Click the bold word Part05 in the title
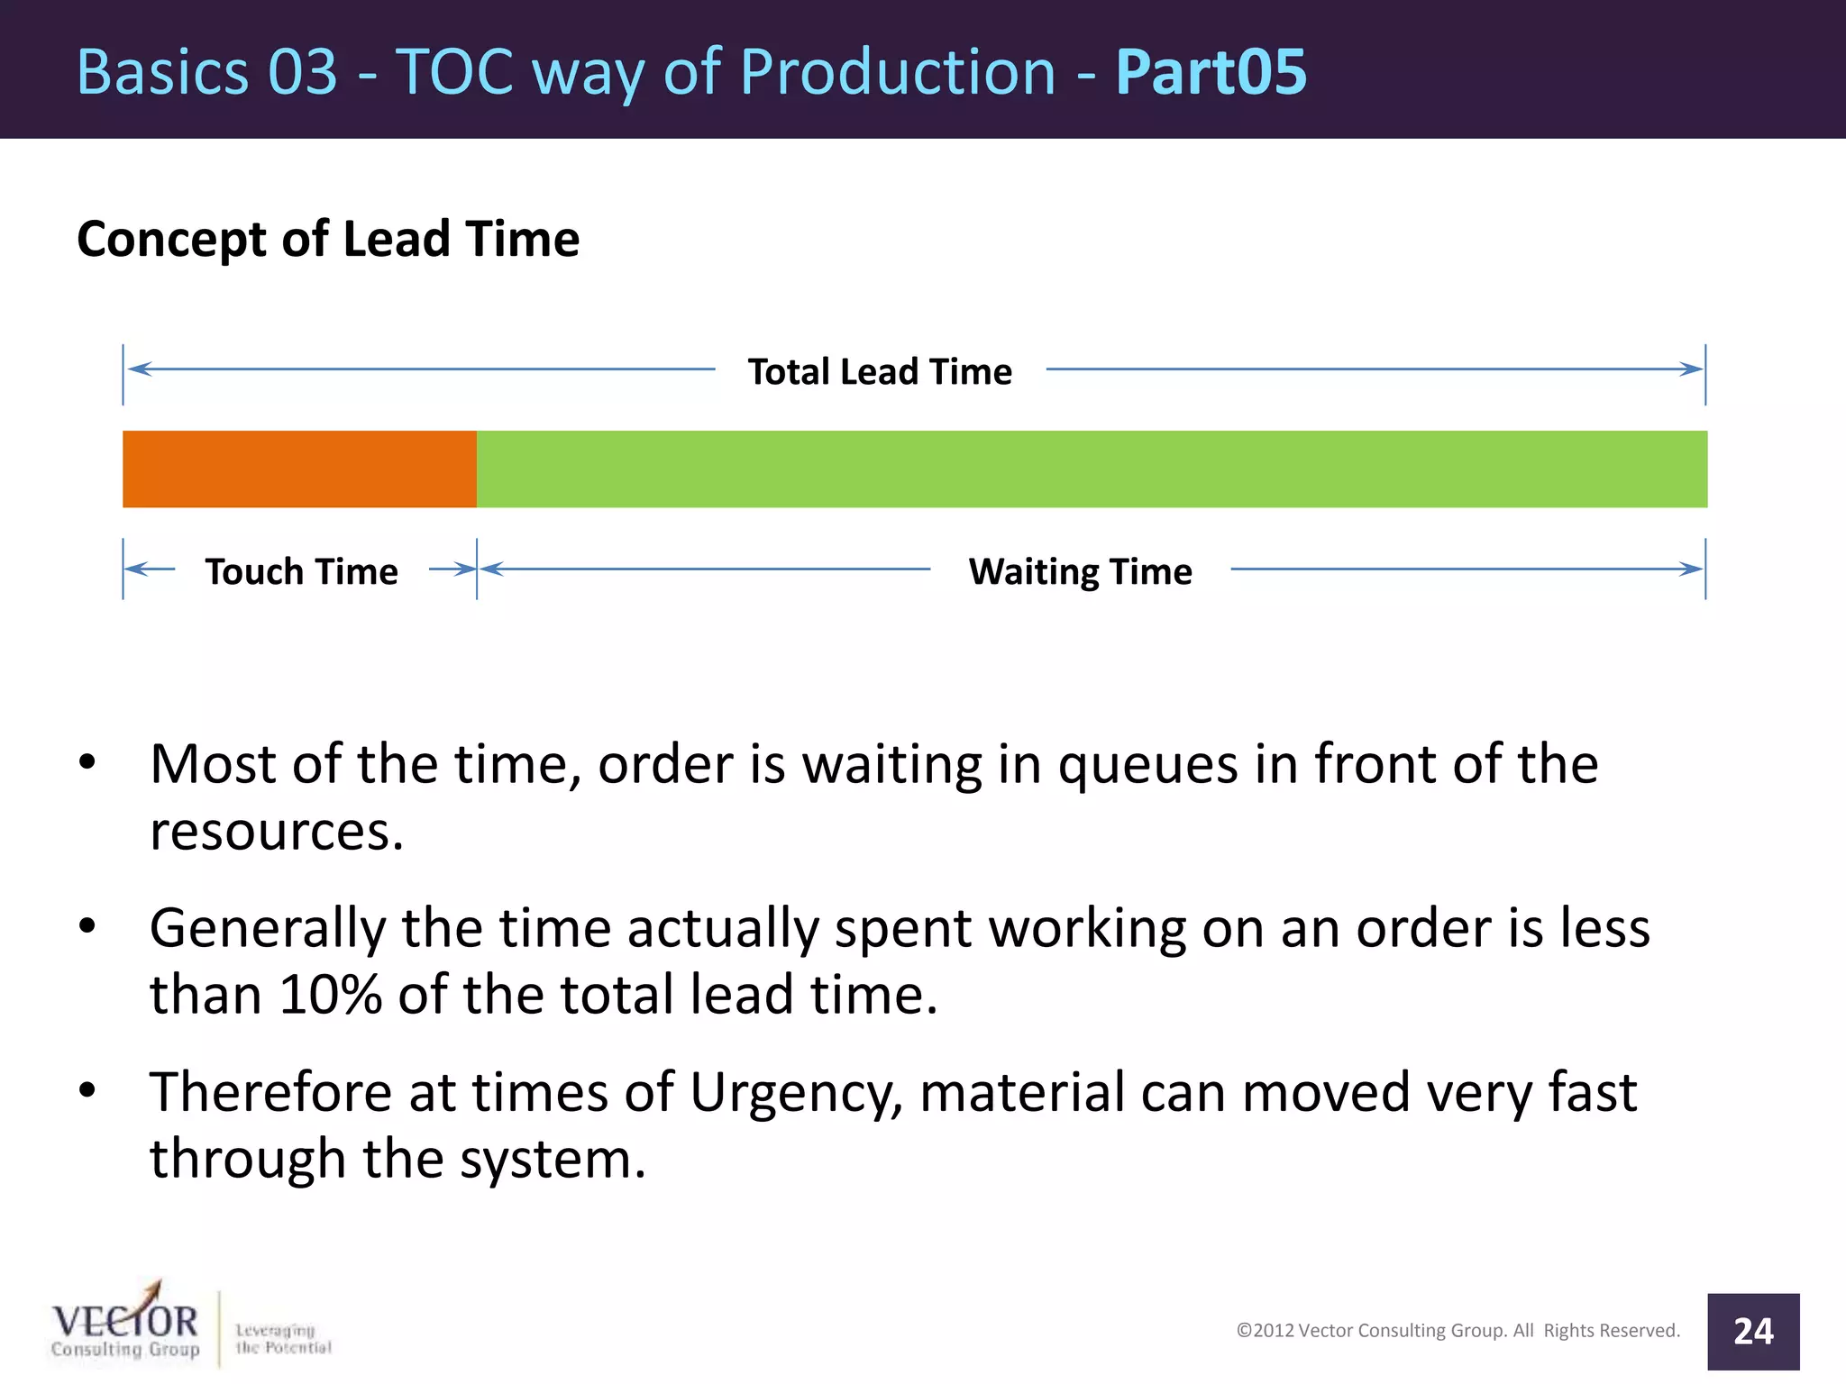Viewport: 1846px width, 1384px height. point(1211,72)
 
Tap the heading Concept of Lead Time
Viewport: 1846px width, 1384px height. point(328,239)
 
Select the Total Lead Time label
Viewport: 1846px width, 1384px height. point(880,371)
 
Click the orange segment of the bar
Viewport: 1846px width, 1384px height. point(299,469)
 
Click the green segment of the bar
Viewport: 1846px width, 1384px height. point(1091,469)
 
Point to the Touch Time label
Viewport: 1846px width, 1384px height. point(301,571)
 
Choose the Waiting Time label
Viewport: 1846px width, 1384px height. point(1080,571)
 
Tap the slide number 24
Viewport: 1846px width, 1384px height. point(1752,1331)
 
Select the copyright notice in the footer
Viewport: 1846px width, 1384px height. point(1458,1330)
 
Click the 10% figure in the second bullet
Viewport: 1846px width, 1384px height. point(331,995)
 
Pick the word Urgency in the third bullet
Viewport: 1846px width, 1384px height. point(796,1092)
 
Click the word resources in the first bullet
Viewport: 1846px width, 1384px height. point(276,831)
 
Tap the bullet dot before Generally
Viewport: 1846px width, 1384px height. point(87,926)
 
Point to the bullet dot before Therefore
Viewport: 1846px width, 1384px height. point(87,1090)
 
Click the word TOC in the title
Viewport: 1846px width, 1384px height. point(455,72)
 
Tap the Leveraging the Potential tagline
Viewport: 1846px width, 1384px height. point(282,1338)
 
